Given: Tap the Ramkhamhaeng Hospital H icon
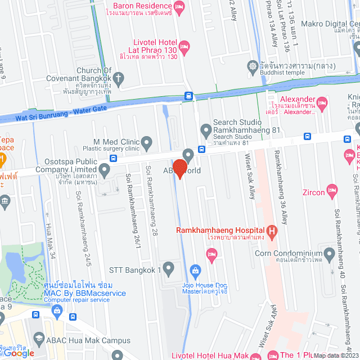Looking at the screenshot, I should tap(272, 230).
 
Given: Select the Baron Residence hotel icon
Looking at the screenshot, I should tap(179, 7).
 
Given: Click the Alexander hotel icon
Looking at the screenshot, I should tap(321, 102).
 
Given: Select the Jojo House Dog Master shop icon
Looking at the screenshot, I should tap(195, 271).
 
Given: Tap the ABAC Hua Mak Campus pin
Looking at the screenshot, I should tap(38, 337).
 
